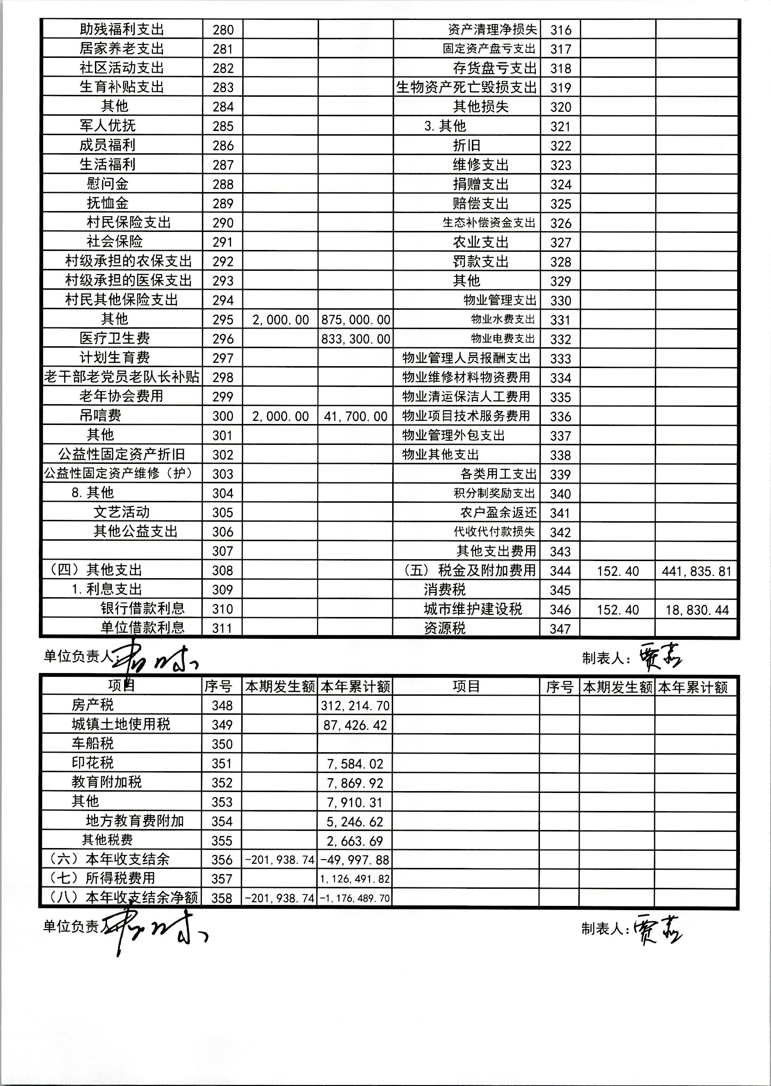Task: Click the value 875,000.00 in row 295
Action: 356,320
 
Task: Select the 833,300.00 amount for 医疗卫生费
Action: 356,339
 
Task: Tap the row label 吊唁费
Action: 100,416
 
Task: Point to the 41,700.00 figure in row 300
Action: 356,417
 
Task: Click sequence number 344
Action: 560,571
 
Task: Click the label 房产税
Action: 93,705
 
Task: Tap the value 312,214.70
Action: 355,706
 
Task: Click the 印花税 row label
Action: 93,763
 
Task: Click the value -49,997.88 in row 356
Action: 355,860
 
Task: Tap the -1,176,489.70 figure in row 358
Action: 355,899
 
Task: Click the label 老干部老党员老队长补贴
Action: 122,377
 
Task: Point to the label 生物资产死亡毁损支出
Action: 467,87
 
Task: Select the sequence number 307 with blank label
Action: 223,551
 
